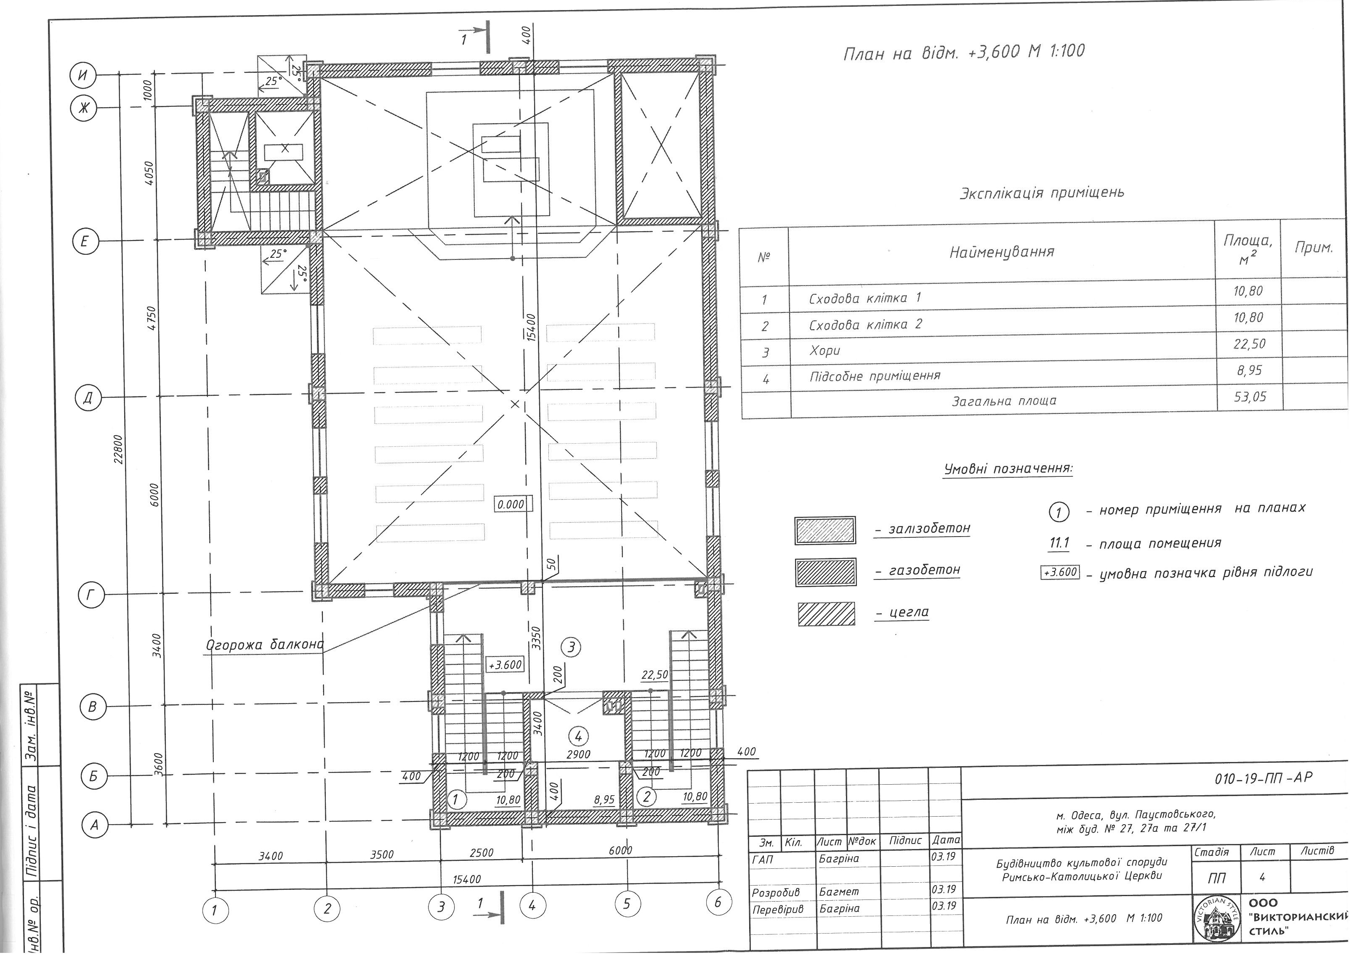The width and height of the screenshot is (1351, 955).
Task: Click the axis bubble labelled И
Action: [84, 75]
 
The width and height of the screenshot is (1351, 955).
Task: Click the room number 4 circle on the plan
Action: [578, 735]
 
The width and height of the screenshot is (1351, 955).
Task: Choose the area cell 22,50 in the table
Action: [1249, 344]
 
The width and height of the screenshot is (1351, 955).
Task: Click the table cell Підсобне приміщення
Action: [875, 376]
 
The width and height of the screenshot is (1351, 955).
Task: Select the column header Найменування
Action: [1002, 252]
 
